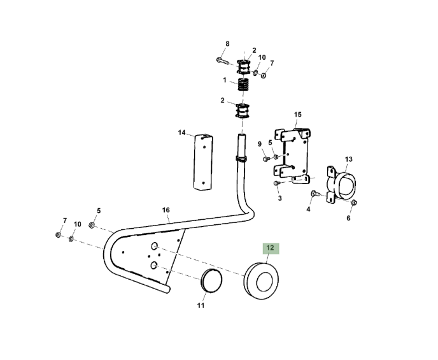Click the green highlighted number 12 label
pos(271,248)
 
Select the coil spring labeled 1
pos(243,84)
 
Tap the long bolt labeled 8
pos(223,61)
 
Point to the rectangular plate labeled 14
pos(203,162)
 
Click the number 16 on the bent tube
pos(166,210)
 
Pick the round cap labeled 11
pos(211,281)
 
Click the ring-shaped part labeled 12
pos(261,280)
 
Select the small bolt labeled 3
pos(276,183)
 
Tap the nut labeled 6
pos(353,203)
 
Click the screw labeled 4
pos(315,193)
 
